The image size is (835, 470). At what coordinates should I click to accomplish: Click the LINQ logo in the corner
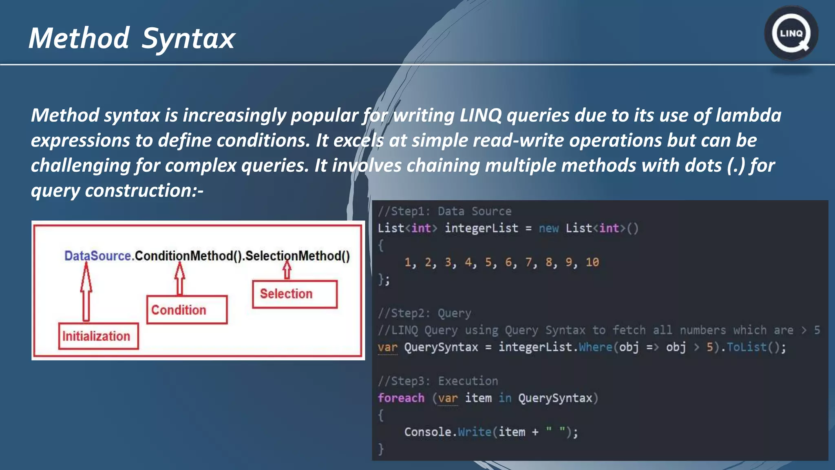click(791, 33)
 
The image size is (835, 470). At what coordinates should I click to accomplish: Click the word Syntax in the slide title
click(188, 39)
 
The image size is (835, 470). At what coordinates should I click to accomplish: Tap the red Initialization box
click(98, 336)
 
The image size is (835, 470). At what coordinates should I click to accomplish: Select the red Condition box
click(187, 310)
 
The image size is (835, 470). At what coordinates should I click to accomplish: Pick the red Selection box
click(294, 294)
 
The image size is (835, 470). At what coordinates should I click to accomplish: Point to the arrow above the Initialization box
click(86, 292)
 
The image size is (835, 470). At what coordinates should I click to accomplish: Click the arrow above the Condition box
click(179, 279)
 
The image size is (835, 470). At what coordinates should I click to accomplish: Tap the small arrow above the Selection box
click(287, 270)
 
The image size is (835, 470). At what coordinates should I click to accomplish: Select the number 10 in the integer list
click(592, 262)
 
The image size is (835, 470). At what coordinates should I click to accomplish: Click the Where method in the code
click(595, 347)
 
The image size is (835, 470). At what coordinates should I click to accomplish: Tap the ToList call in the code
click(747, 347)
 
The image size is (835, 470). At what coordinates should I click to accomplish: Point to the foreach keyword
click(401, 398)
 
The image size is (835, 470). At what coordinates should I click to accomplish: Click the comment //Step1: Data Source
click(444, 211)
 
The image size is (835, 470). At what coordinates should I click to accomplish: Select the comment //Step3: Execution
click(438, 381)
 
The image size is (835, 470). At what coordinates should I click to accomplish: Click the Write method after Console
click(475, 432)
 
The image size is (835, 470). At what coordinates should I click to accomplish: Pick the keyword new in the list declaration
click(548, 228)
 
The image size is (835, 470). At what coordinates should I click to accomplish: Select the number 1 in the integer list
click(408, 262)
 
